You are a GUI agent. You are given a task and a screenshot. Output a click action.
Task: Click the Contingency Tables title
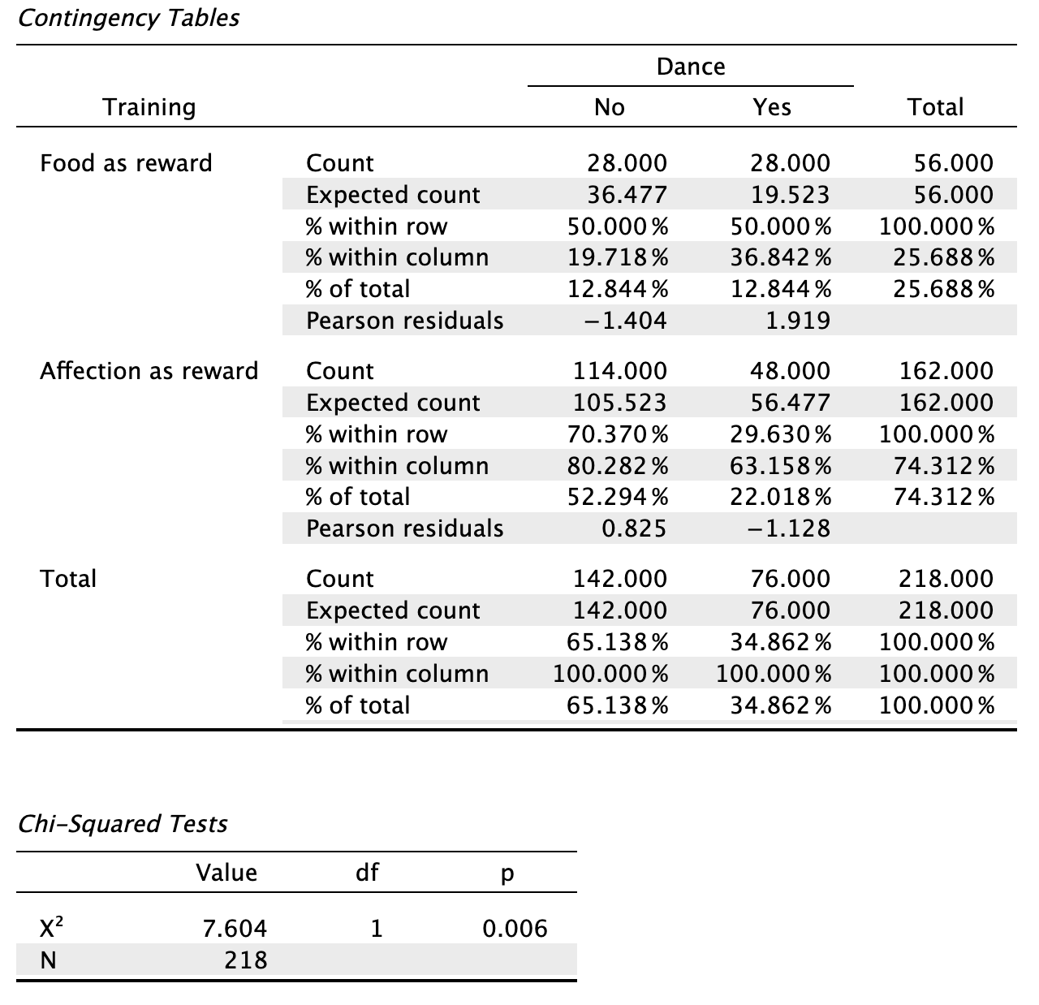tap(129, 18)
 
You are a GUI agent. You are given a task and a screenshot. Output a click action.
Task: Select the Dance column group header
tap(691, 67)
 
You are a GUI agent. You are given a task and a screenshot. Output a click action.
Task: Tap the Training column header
tap(149, 107)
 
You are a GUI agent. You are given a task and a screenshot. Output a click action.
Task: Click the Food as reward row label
tap(126, 163)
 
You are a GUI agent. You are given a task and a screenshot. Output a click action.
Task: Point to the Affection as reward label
tap(149, 371)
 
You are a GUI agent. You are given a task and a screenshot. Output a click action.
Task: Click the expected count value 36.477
tap(627, 194)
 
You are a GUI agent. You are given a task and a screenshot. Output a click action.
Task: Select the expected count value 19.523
tap(790, 194)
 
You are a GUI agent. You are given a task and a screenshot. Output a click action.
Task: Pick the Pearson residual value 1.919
tap(798, 321)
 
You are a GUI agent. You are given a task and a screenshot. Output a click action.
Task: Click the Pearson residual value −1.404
tap(625, 321)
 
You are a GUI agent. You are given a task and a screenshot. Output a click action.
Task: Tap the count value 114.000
tap(620, 371)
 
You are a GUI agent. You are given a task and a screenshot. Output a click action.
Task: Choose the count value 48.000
tap(790, 371)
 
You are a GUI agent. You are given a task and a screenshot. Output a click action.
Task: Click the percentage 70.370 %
tap(618, 433)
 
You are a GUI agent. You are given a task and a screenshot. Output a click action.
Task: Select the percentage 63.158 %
tap(781, 466)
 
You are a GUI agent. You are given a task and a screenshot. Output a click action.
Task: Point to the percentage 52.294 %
tap(618, 497)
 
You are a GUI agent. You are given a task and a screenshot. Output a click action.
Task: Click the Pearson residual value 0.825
tap(634, 528)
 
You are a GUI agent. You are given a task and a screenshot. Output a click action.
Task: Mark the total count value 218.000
tap(946, 578)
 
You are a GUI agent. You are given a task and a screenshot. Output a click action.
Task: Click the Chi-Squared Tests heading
tap(123, 824)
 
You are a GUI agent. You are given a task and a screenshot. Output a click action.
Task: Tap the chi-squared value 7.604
tap(235, 929)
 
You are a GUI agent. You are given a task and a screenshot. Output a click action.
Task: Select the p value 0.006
tap(515, 929)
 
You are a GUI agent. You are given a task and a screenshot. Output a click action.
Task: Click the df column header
tap(368, 873)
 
